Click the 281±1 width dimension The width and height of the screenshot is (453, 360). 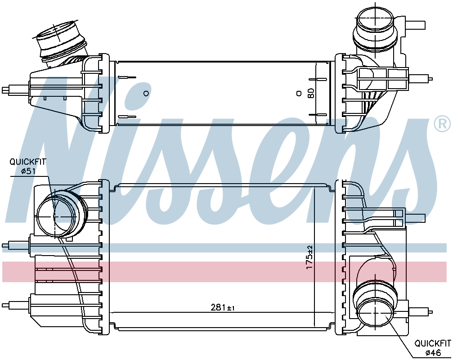(222, 307)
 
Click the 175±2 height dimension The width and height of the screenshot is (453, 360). (309, 257)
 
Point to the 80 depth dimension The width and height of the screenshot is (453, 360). (311, 93)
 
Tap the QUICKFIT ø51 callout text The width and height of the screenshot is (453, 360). (28, 166)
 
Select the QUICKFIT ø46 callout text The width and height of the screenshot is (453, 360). (432, 347)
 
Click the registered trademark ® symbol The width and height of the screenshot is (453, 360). (442, 124)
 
